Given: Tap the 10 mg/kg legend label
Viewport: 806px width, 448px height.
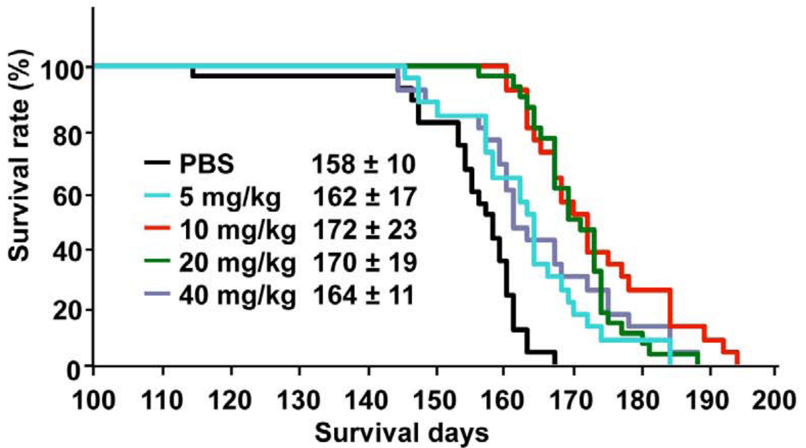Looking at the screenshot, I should (237, 229).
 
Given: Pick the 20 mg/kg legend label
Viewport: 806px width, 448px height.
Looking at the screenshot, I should (237, 263).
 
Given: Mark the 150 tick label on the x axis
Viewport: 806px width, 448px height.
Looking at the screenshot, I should (437, 392).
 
